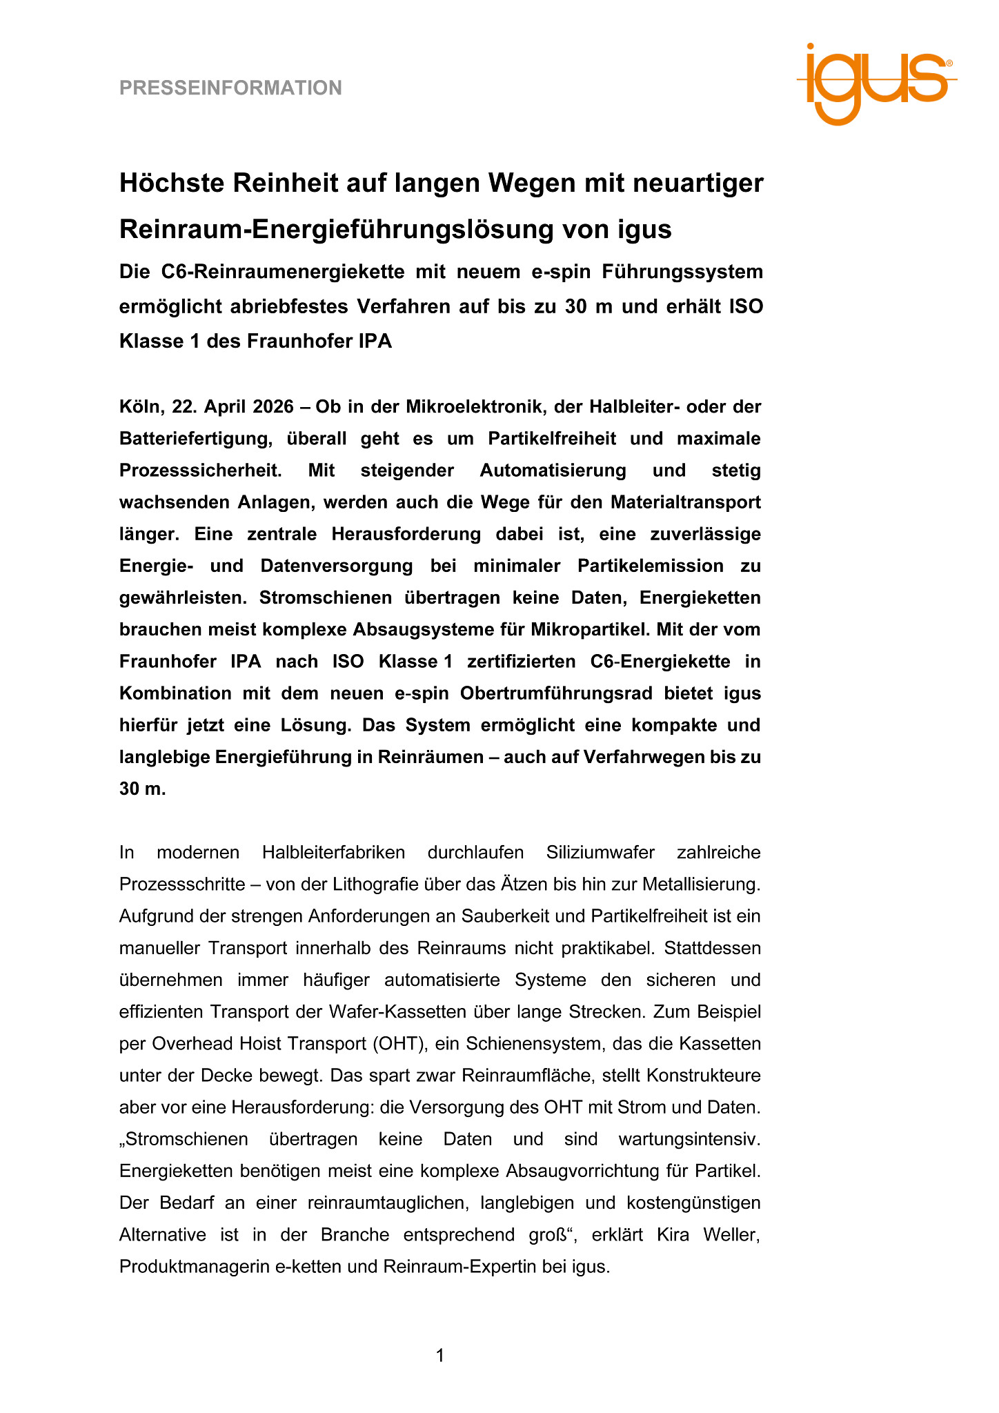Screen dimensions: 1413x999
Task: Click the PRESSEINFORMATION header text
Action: click(230, 88)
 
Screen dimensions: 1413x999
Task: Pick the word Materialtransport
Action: click(685, 502)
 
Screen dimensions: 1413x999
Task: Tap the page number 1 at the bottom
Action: click(440, 1356)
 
